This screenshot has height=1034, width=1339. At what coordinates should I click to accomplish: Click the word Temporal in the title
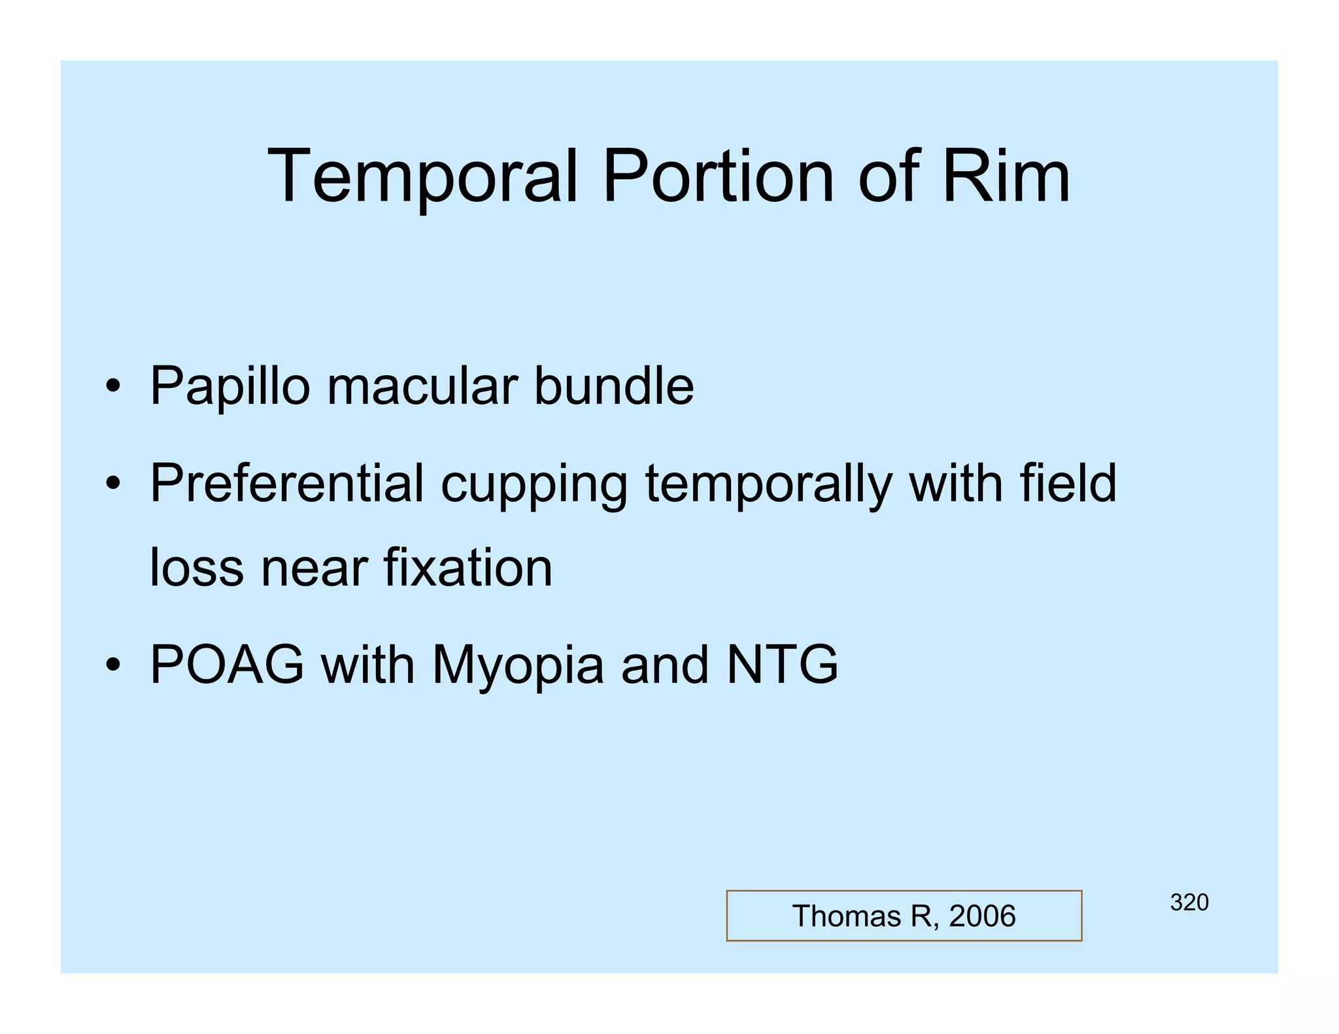(422, 176)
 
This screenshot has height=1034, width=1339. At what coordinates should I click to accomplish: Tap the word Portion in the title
(718, 176)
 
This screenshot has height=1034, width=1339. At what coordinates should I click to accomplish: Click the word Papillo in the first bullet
(229, 387)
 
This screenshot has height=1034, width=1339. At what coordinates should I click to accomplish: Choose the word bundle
(614, 387)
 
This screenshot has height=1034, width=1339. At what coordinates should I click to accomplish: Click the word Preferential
(287, 484)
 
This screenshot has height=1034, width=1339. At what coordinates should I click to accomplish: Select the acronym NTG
(782, 665)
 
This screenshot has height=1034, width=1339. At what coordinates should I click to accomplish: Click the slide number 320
(1189, 903)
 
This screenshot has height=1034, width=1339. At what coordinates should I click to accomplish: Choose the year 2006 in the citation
(982, 916)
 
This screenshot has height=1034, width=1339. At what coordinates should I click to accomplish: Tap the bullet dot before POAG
(113, 665)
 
